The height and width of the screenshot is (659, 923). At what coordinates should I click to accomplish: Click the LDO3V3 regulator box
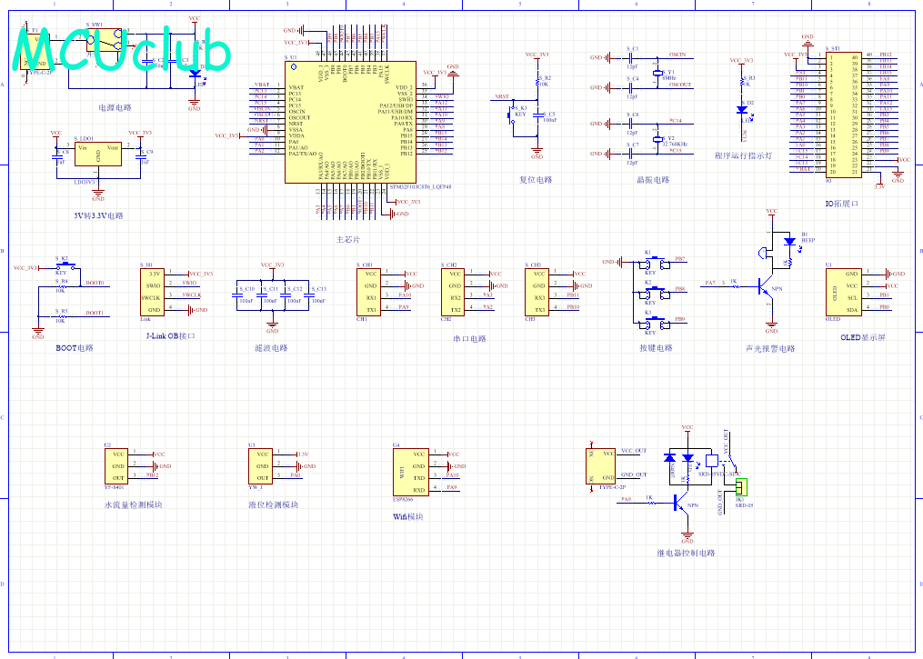pyautogui.click(x=98, y=154)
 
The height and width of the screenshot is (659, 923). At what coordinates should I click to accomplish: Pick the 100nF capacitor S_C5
pyautogui.click(x=537, y=117)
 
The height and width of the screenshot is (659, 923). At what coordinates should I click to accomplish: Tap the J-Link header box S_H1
pyautogui.click(x=153, y=292)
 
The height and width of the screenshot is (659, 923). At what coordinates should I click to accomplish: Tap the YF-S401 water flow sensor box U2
pyautogui.click(x=117, y=466)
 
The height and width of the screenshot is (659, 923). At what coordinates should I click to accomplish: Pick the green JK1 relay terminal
pyautogui.click(x=740, y=488)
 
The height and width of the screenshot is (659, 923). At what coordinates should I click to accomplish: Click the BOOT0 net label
pyautogui.click(x=95, y=284)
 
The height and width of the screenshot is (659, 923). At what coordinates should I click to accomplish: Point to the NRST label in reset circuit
pyautogui.click(x=501, y=96)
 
